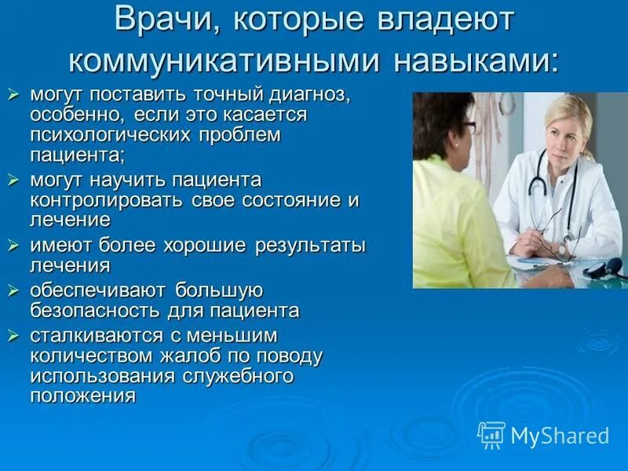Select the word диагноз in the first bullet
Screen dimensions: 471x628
click(306, 95)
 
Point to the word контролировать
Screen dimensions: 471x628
click(108, 199)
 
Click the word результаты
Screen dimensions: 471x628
click(310, 245)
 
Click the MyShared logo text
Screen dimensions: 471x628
click(560, 436)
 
